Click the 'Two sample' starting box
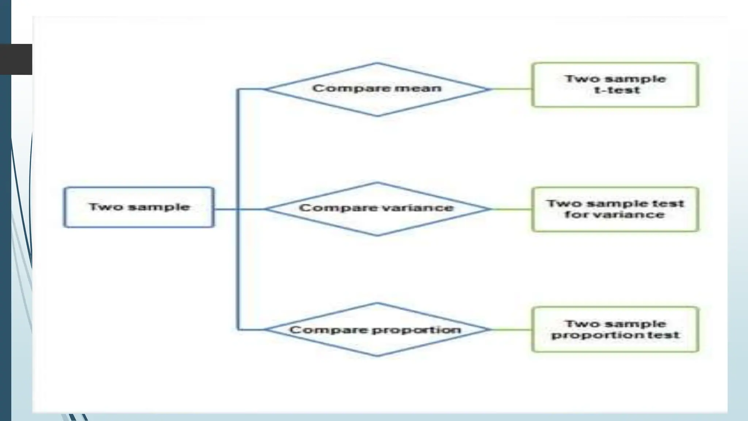[x=139, y=207]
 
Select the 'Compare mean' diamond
[x=377, y=89]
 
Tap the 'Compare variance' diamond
[x=377, y=209]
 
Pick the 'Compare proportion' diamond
[x=377, y=330]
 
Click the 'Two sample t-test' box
[x=615, y=85]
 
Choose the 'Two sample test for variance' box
[x=615, y=209]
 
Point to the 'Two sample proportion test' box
[x=615, y=329]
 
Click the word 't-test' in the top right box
[x=617, y=90]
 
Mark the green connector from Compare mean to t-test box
[x=511, y=89]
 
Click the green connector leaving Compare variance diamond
[x=511, y=209]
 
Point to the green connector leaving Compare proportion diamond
[x=511, y=329]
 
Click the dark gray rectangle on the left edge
[x=16, y=59]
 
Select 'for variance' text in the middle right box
[x=614, y=215]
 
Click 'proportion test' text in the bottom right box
[x=615, y=335]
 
